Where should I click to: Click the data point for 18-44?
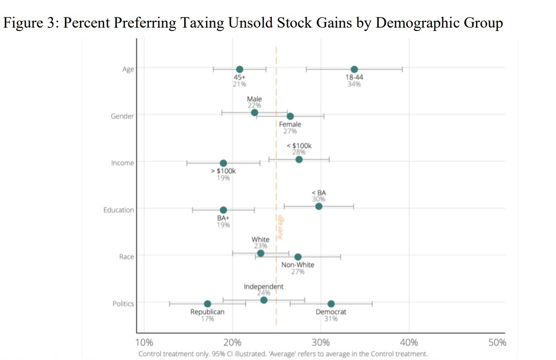354,69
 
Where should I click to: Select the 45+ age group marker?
239,69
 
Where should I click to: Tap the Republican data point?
207,304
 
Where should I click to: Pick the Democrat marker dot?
331,304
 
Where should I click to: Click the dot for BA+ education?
223,210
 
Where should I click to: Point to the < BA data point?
318,206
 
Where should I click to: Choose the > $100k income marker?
223,163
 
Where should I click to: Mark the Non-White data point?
298,257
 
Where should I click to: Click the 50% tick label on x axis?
497,343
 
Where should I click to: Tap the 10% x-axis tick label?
144,343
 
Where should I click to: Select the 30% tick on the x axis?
320,343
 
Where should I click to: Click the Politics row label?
123,303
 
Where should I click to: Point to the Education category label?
119,210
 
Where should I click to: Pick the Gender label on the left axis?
123,116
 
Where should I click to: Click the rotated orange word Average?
280,227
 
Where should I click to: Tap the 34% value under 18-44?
354,84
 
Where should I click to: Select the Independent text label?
264,286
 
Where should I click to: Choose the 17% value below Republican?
207,318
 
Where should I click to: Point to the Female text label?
290,125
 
